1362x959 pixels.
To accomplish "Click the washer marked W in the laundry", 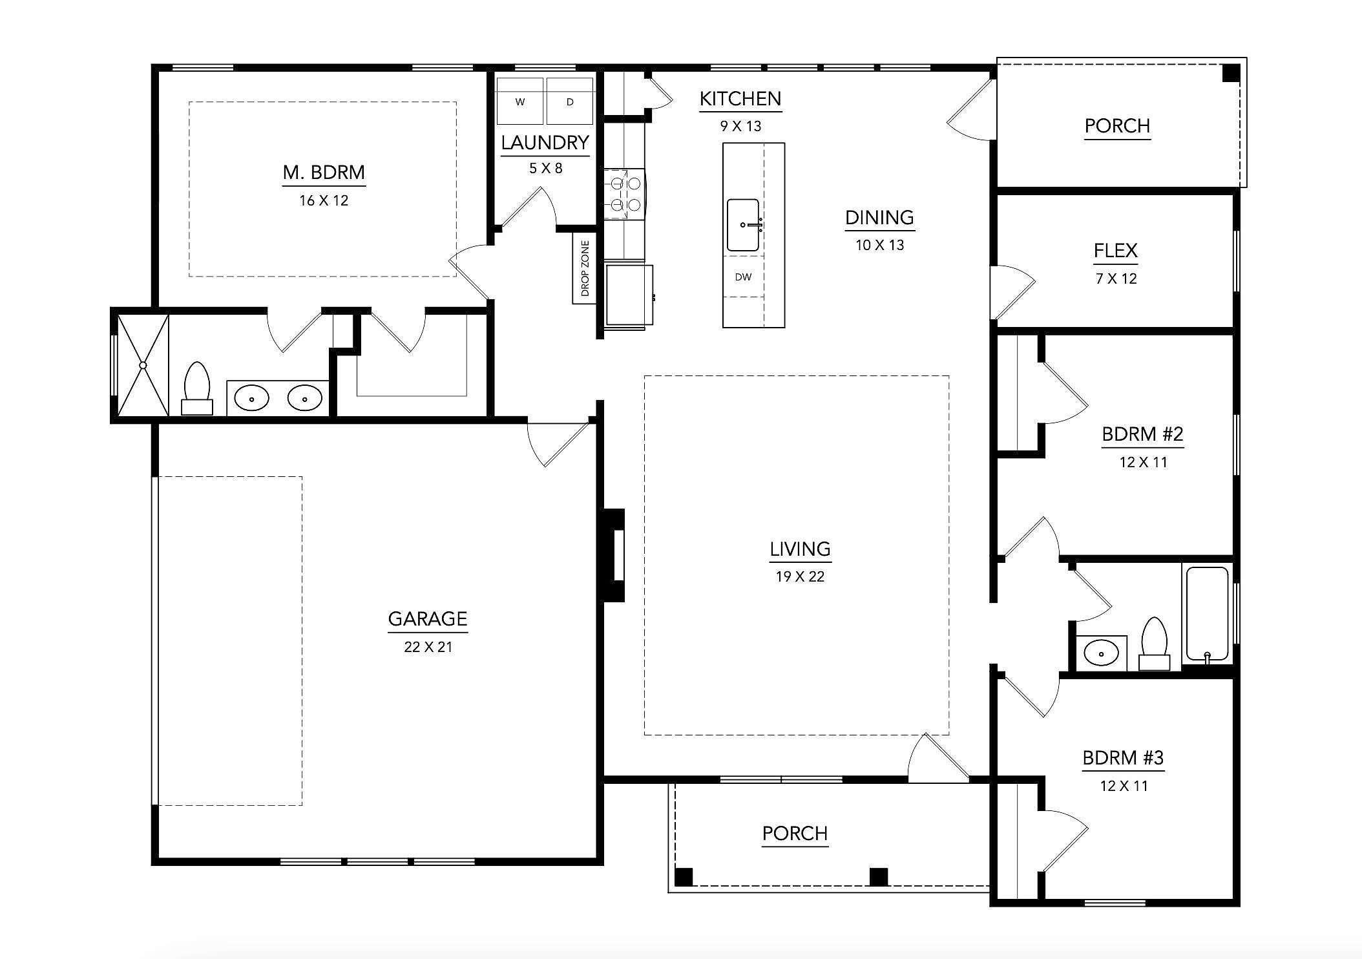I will click(519, 101).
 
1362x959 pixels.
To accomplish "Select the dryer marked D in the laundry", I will click(569, 101).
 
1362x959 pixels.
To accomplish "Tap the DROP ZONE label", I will click(585, 268).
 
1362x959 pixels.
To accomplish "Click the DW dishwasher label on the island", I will click(743, 277).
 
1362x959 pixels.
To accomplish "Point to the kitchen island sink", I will click(743, 225).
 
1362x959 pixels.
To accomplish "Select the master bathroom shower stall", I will click(143, 365).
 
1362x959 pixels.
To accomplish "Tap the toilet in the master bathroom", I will click(197, 388).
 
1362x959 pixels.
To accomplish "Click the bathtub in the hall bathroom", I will click(1207, 614).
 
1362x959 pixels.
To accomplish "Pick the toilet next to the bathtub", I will click(1154, 643).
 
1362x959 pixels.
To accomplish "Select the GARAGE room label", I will click(427, 618).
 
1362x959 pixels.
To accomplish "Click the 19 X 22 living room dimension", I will click(800, 576).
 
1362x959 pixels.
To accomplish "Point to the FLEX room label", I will click(1116, 250).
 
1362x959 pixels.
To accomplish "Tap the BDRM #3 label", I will click(1123, 757).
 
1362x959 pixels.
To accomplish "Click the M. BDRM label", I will click(324, 173).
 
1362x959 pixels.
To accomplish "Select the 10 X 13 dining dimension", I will click(879, 245).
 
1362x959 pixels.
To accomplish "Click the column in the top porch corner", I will click(1231, 72).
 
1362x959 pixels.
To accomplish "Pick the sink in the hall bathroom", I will click(1100, 653).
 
